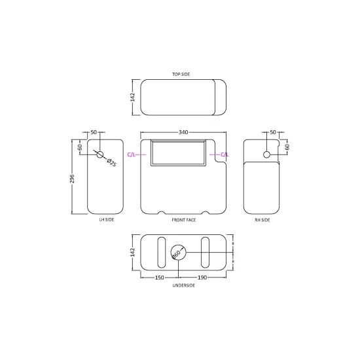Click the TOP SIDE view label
181,74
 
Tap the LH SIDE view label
107,219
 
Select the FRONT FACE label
184,220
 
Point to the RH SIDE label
262,220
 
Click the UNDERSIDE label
184,285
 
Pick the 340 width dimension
183,132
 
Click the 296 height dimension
72,179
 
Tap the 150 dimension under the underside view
159,278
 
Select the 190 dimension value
202,278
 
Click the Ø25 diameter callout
111,162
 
